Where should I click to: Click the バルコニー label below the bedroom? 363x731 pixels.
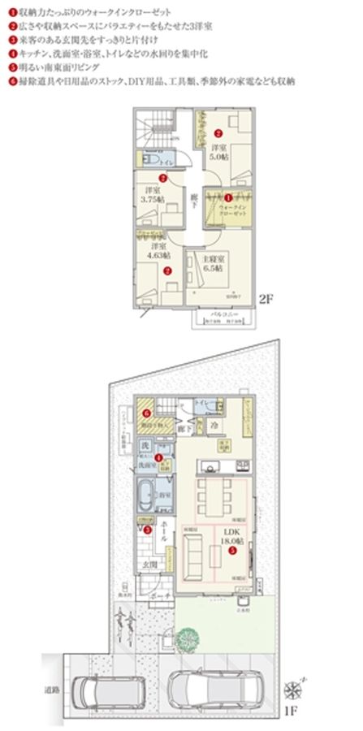tap(223, 312)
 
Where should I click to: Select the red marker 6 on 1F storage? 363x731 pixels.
tap(145, 413)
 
